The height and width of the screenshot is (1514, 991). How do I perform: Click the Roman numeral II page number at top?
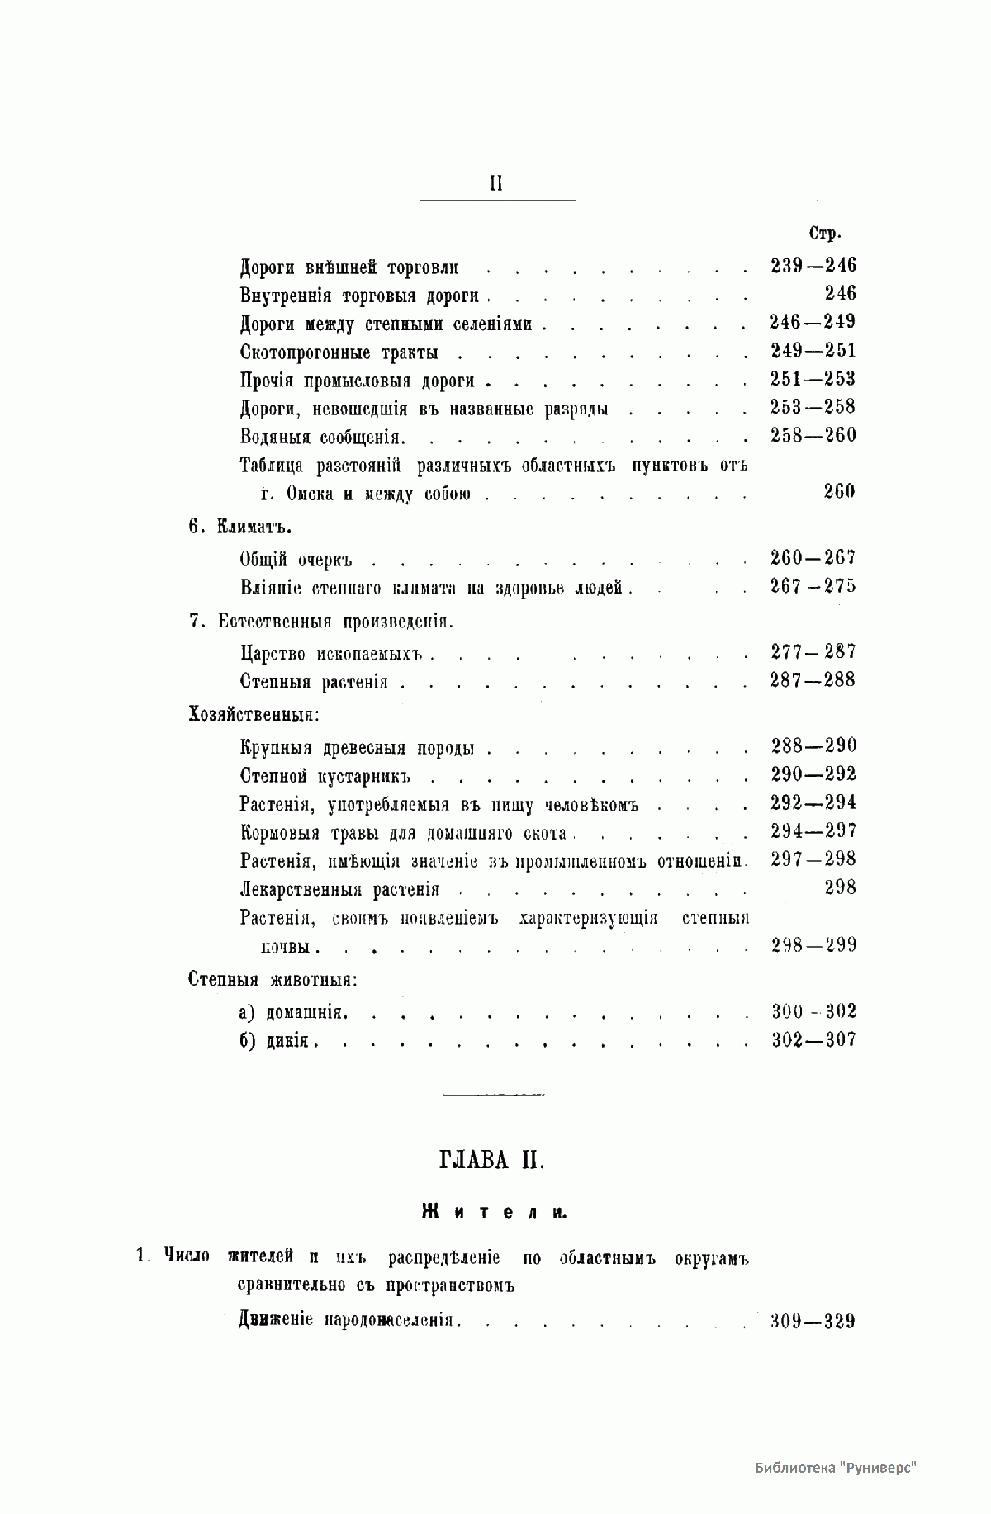coord(496,183)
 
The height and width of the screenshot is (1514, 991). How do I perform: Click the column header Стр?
coord(824,234)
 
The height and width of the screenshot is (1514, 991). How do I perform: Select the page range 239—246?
coord(813,266)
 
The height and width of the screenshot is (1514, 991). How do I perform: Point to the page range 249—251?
coord(813,351)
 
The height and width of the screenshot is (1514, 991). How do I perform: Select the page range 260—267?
coord(813,558)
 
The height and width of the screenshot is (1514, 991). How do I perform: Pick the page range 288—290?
coord(813,745)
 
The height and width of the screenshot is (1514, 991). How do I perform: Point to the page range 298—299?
coord(813,945)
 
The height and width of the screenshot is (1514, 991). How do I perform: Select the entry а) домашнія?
coord(294,1012)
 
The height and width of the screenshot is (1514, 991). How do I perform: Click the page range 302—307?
coord(813,1040)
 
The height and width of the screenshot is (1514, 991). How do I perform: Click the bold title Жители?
coord(494,1212)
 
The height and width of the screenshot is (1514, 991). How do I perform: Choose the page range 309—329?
coord(813,1321)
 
